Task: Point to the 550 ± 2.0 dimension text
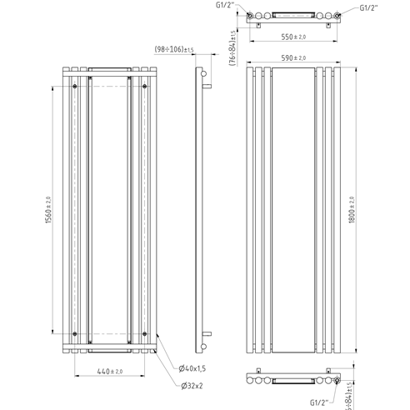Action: (293, 38)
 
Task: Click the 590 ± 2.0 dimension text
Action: (292, 57)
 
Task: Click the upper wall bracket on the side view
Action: (205, 82)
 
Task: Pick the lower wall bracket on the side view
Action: (205, 340)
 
